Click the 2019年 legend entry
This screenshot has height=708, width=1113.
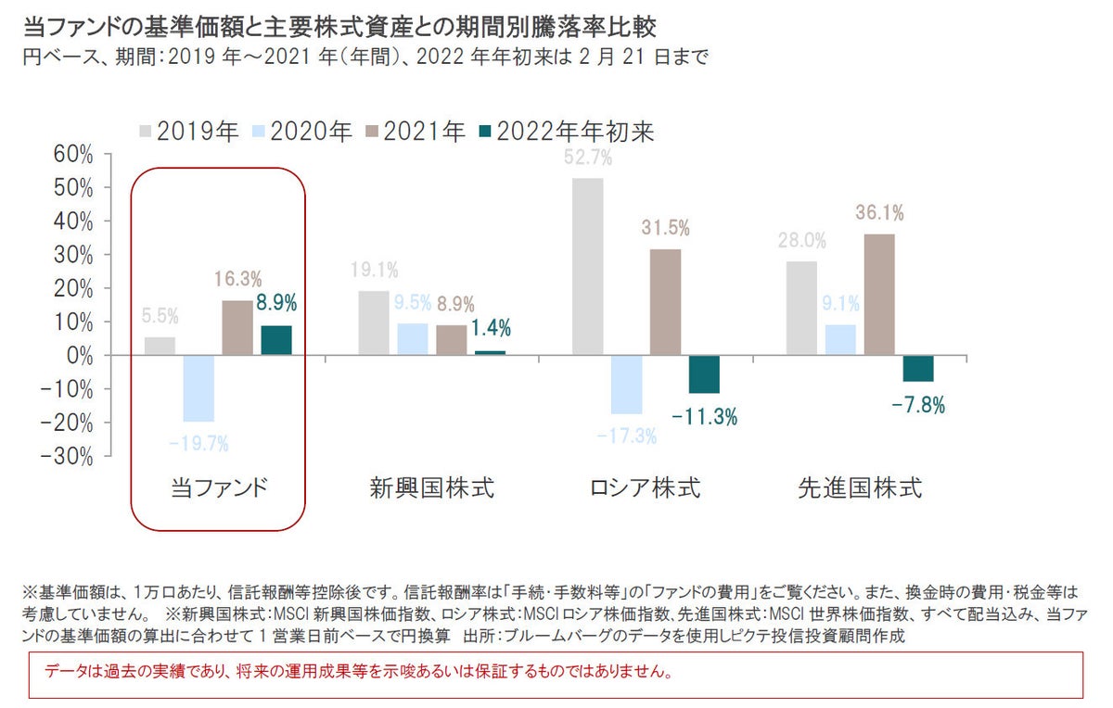tap(189, 133)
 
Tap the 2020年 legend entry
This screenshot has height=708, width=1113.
tap(302, 133)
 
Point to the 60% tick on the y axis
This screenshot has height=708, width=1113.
tap(73, 154)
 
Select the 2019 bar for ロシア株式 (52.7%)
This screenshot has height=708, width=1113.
tap(588, 267)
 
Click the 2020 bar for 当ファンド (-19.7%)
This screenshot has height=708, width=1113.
tap(198, 388)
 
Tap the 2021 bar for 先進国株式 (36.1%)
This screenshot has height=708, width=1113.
tap(880, 295)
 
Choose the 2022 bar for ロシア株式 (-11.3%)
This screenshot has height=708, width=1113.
tap(704, 374)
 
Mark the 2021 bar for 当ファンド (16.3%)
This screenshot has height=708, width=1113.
tap(237, 328)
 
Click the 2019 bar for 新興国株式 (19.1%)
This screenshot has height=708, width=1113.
tap(374, 323)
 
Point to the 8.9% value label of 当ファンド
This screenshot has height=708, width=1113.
tap(277, 303)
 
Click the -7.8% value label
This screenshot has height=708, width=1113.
tap(918, 406)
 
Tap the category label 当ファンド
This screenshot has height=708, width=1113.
tap(219, 488)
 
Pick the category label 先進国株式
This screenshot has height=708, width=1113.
tap(860, 488)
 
